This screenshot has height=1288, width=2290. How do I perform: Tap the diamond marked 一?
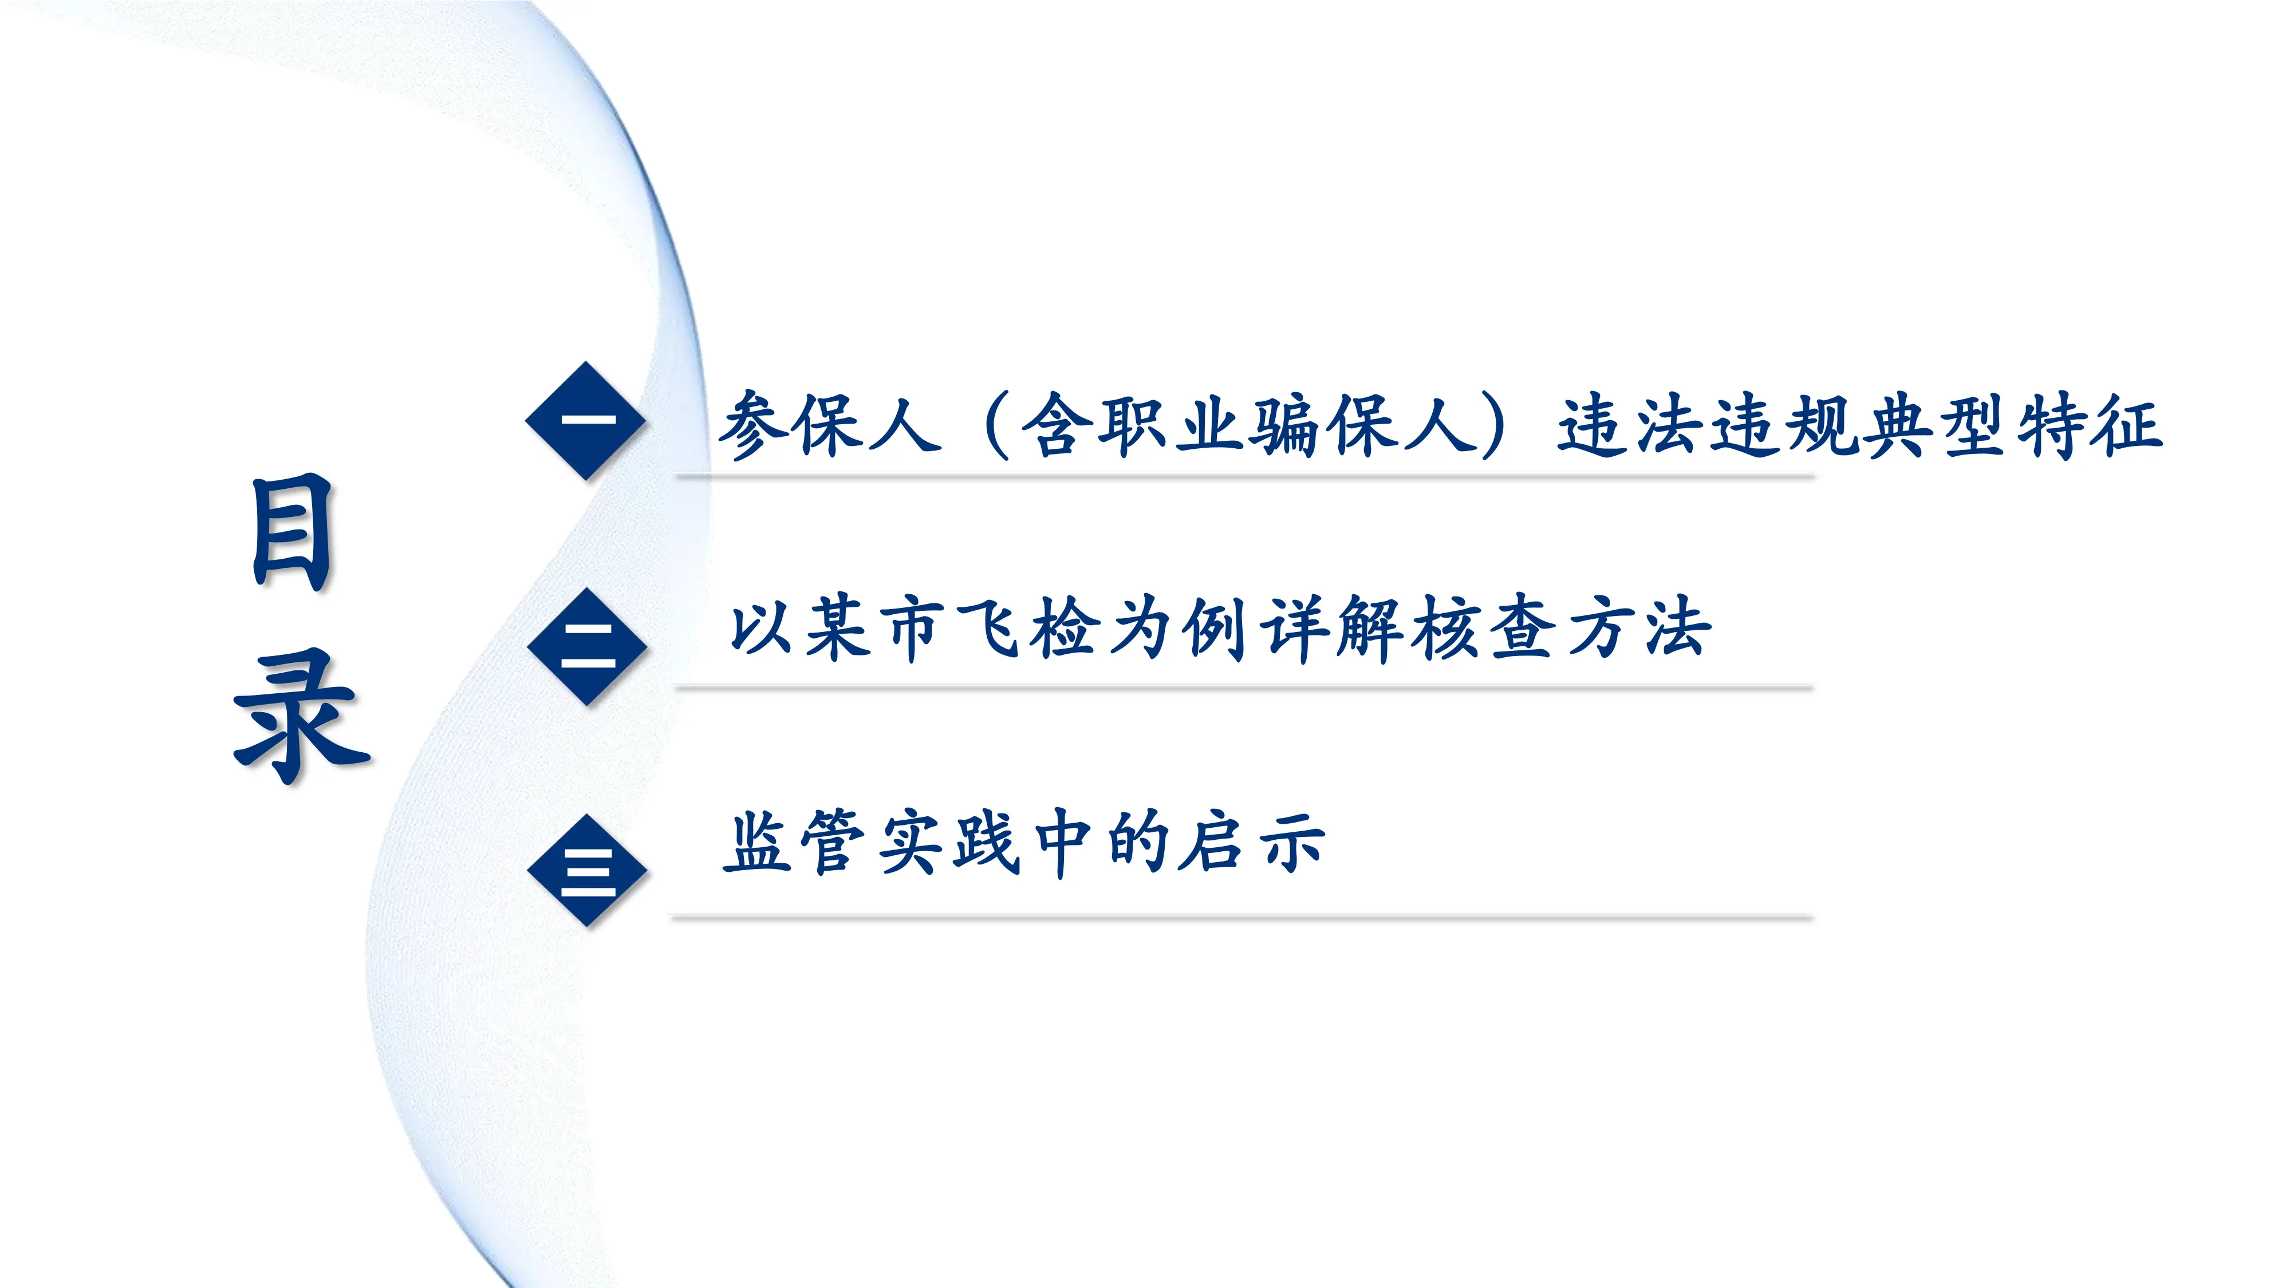click(x=586, y=420)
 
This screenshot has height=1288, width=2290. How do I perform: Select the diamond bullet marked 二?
click(x=587, y=646)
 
